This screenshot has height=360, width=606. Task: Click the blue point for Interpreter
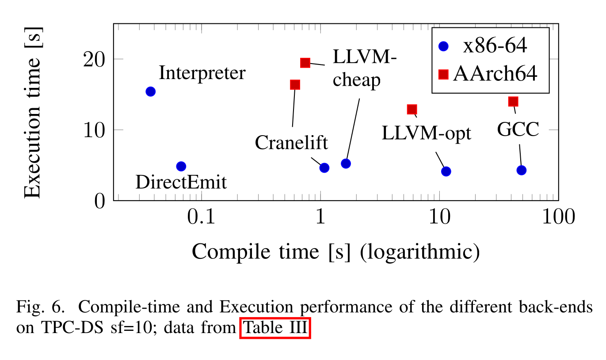point(150,91)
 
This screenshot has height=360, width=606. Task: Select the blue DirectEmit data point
point(181,166)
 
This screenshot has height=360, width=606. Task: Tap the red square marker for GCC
point(513,102)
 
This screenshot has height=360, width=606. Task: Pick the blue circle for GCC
point(522,170)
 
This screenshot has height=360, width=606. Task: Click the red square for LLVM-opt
point(412,109)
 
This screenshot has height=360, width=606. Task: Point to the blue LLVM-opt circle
point(446,171)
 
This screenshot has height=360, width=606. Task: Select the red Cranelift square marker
point(295,84)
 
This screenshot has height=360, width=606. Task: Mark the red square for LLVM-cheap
point(305,63)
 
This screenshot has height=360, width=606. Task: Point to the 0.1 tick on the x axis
point(202,217)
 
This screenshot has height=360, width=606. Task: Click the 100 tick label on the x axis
point(558,217)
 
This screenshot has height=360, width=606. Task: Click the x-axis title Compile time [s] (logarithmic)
point(335,252)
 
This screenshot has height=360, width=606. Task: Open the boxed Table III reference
point(275,328)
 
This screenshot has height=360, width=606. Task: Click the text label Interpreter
point(202,73)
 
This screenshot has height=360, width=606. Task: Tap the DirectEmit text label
point(181,182)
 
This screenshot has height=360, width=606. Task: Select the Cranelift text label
point(291,143)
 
